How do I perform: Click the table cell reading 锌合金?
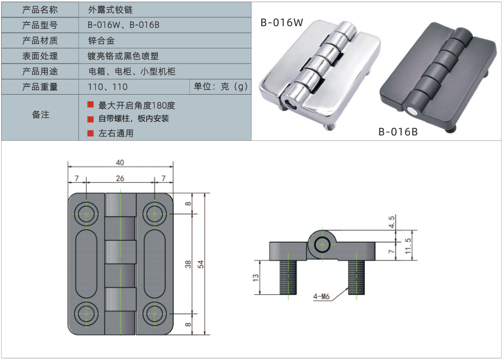(101, 41)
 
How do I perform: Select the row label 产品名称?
(40, 10)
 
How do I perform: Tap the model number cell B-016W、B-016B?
(124, 26)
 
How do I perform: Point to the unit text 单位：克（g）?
(220, 86)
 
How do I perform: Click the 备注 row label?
(40, 115)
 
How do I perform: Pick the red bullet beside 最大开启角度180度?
(90, 104)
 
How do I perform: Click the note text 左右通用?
(116, 133)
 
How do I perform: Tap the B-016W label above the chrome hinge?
(281, 23)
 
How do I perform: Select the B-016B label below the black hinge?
(398, 131)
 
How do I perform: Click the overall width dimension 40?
(120, 163)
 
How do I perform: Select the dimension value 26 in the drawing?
(120, 178)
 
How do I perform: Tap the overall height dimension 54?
(200, 264)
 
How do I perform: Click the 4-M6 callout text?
(322, 297)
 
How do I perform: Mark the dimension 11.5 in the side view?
(408, 245)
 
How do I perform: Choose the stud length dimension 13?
(256, 277)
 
